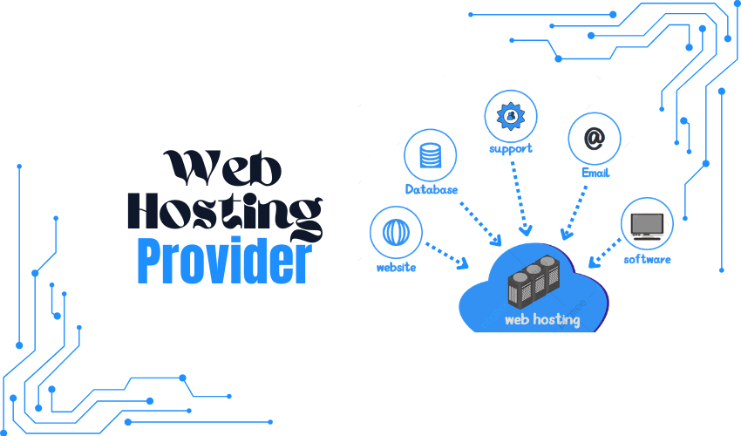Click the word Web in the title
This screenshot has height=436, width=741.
222,168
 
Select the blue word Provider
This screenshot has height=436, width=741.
224,261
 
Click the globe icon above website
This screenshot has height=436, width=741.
396,232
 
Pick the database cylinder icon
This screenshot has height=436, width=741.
431,155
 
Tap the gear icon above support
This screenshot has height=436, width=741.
510,116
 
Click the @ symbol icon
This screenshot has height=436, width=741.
594,138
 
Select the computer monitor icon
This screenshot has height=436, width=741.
647,227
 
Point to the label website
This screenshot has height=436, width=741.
396,268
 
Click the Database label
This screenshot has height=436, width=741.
432,189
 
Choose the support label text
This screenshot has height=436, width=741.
510,149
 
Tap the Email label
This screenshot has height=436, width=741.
595,173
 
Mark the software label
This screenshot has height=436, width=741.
647,259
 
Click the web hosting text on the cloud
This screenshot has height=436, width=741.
542,320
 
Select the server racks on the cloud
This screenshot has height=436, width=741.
534,282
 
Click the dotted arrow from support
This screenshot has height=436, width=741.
520,199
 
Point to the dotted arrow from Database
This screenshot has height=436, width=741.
481,225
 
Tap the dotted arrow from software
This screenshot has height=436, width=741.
605,253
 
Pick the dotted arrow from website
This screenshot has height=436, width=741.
447,256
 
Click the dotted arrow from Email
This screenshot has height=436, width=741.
574,213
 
